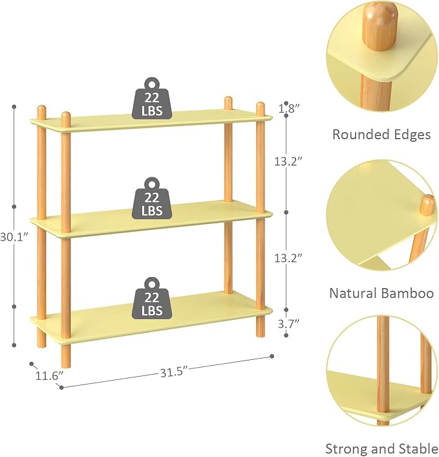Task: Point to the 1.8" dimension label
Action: (x=289, y=109)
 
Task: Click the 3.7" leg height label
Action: (x=288, y=324)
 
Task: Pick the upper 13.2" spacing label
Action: (x=288, y=161)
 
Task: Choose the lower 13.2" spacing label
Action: (x=288, y=258)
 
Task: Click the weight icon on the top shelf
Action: (x=152, y=98)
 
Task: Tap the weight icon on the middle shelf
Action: (x=152, y=199)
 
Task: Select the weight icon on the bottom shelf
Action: (x=152, y=298)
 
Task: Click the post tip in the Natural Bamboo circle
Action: (x=427, y=205)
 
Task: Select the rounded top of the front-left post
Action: (x=66, y=116)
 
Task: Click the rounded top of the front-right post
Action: (x=261, y=106)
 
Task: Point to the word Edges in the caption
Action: (x=412, y=135)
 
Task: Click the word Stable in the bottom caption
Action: (x=420, y=449)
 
